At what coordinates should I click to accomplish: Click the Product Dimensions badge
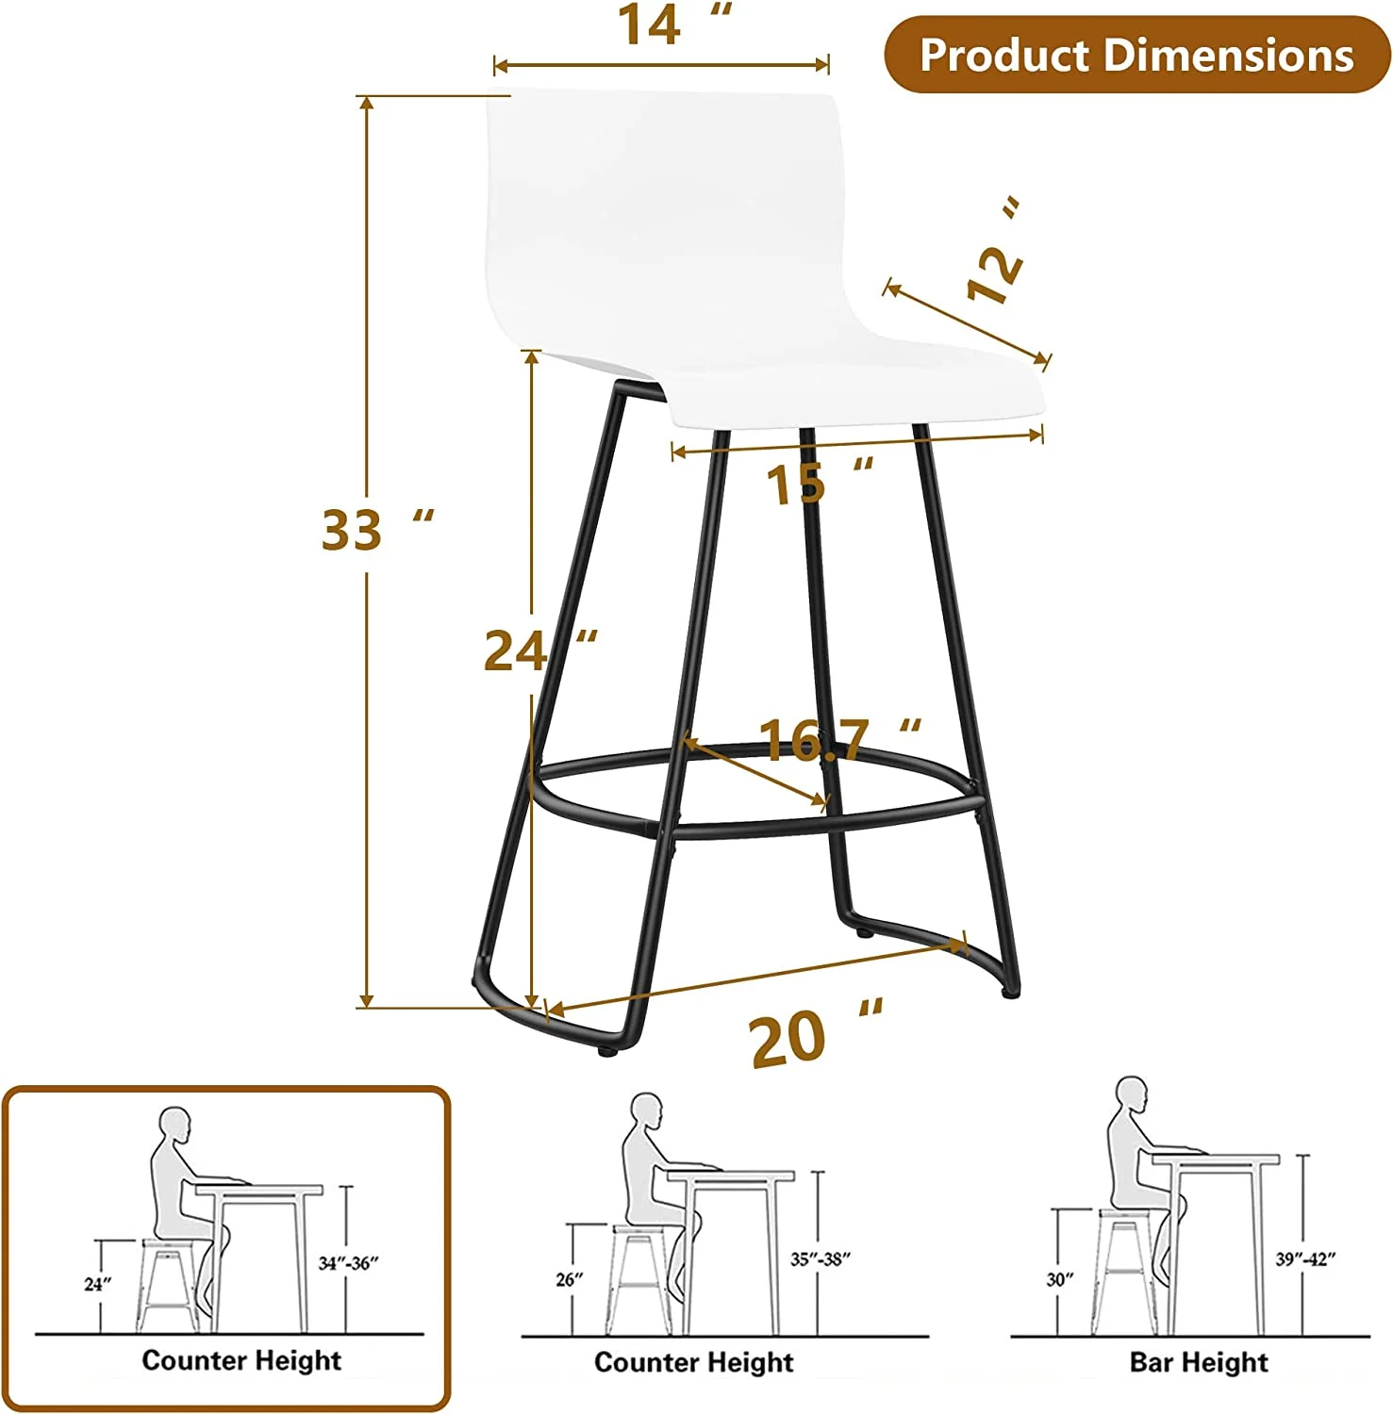pyautogui.click(x=1136, y=55)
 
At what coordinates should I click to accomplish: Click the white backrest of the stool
pyautogui.click(x=660, y=217)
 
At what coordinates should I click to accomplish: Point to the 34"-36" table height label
pyautogui.click(x=348, y=1263)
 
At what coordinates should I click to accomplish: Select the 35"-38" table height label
pyautogui.click(x=821, y=1259)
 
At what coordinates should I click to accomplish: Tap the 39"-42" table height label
pyautogui.click(x=1305, y=1259)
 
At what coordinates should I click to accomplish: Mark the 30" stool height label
pyautogui.click(x=1059, y=1279)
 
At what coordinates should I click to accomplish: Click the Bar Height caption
pyautogui.click(x=1199, y=1362)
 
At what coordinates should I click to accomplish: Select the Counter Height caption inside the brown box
pyautogui.click(x=241, y=1360)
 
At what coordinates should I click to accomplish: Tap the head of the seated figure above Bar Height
pyautogui.click(x=1132, y=1095)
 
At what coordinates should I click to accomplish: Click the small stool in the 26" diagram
pyautogui.click(x=641, y=1277)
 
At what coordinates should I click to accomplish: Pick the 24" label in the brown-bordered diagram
pyautogui.click(x=97, y=1284)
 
